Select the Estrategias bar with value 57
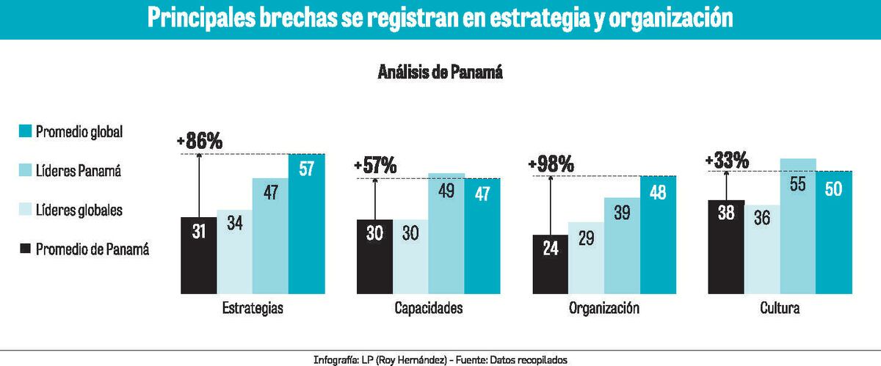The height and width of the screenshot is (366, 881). coord(307,224)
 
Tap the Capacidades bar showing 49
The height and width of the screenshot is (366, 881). coord(447,233)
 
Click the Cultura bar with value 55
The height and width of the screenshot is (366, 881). coord(797,226)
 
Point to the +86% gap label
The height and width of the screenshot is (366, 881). coord(200,142)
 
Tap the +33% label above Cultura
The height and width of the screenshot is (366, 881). coord(727,160)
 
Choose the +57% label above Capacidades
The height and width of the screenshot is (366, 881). coord(375,166)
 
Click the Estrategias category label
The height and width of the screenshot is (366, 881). coord(252,309)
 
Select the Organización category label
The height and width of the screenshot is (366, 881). coord(603,309)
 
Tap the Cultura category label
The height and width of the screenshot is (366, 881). coord(780,309)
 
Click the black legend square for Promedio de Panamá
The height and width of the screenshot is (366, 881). coord(25,249)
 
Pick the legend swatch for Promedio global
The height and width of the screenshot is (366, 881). coord(25,132)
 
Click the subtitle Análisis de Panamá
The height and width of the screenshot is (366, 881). coord(440,72)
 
